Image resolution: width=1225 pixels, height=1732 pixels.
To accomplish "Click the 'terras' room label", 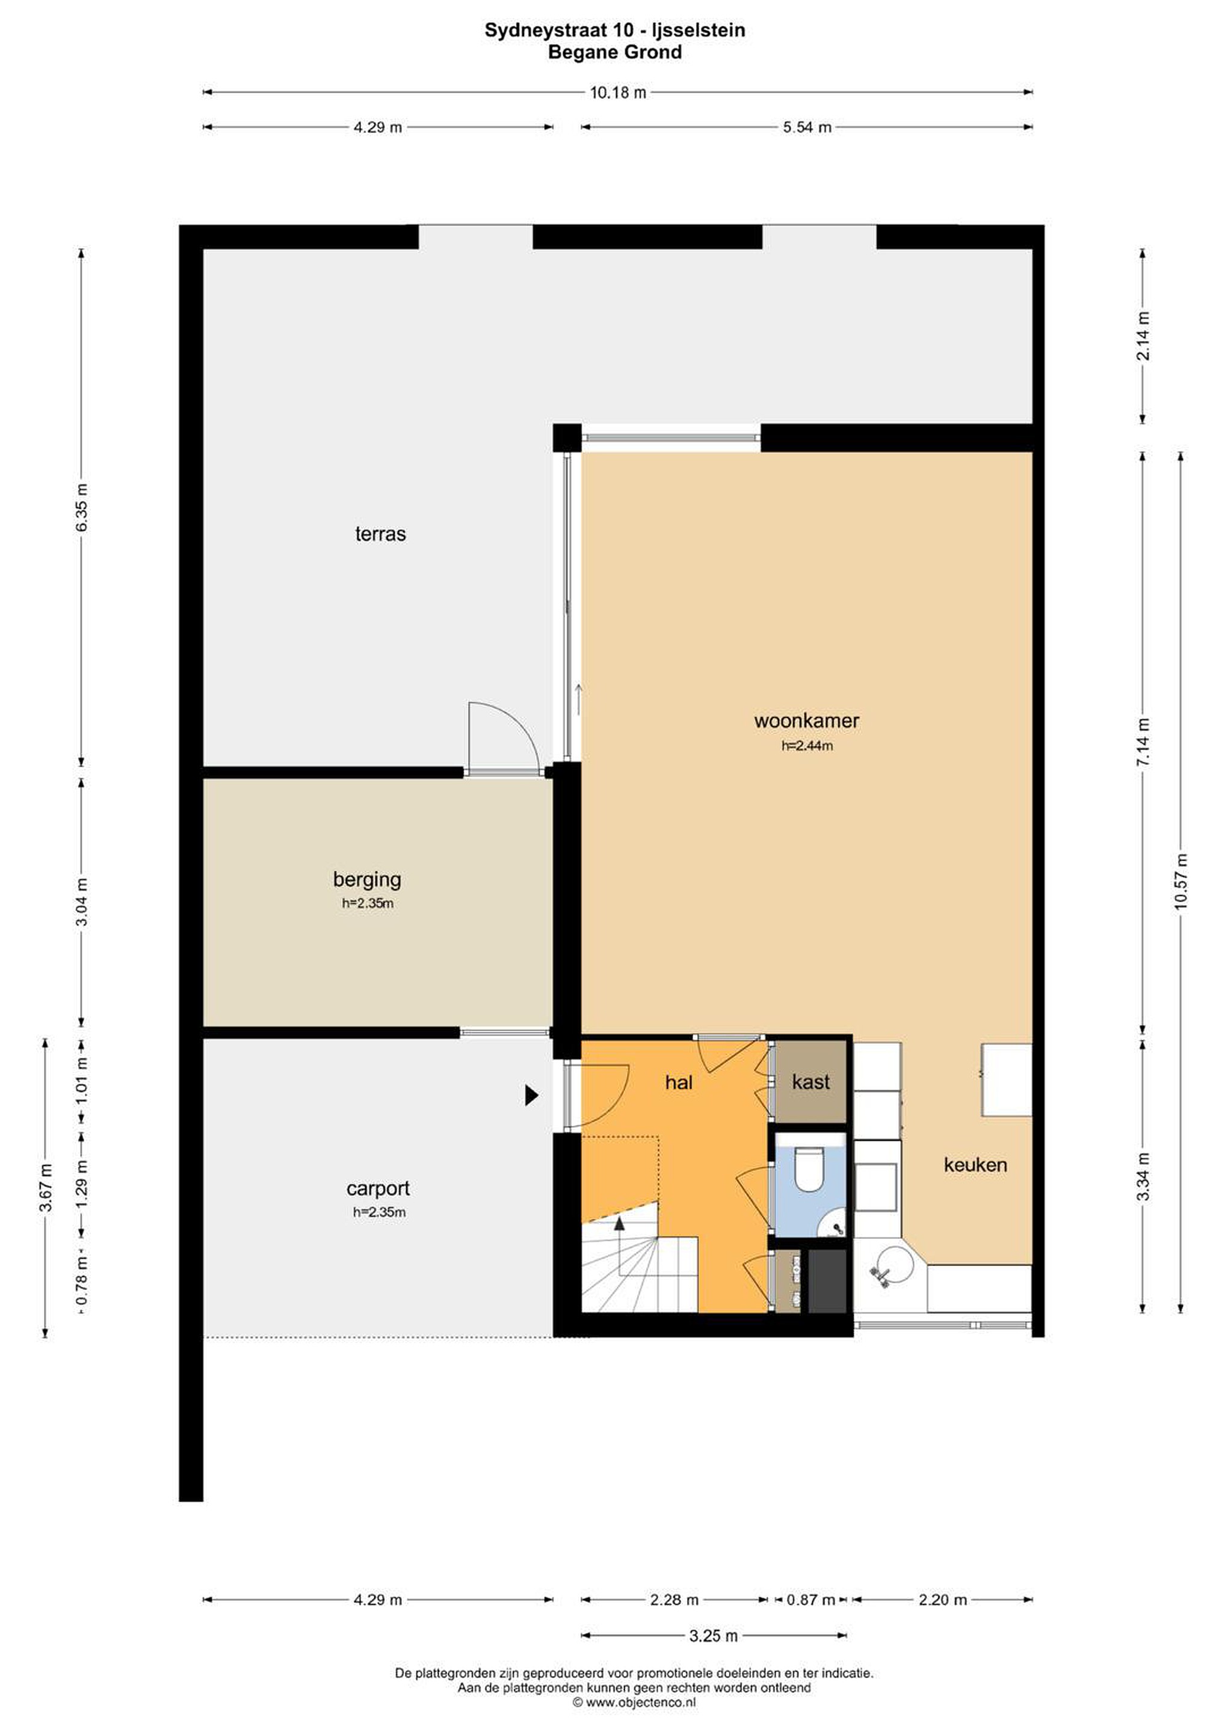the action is (x=380, y=534).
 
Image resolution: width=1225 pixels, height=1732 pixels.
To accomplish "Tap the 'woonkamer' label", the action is (x=806, y=720).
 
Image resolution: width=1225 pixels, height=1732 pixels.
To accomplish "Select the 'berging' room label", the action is (x=367, y=880).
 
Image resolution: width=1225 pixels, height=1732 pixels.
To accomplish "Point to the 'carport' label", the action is (x=377, y=1189).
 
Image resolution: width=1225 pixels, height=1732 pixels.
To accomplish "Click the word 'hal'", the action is (x=679, y=1082).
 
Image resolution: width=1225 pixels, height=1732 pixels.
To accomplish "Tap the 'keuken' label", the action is (x=975, y=1165).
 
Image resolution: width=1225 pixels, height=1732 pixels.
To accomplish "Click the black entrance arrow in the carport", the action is (x=531, y=1095).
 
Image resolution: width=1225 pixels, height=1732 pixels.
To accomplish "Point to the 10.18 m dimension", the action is (x=618, y=93).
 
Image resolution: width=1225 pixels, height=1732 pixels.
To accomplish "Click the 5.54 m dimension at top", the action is (x=807, y=127).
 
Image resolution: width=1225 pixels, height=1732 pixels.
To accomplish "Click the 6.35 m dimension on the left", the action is (x=81, y=507).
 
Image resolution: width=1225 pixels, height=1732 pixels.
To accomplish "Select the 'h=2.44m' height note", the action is (x=807, y=746).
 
